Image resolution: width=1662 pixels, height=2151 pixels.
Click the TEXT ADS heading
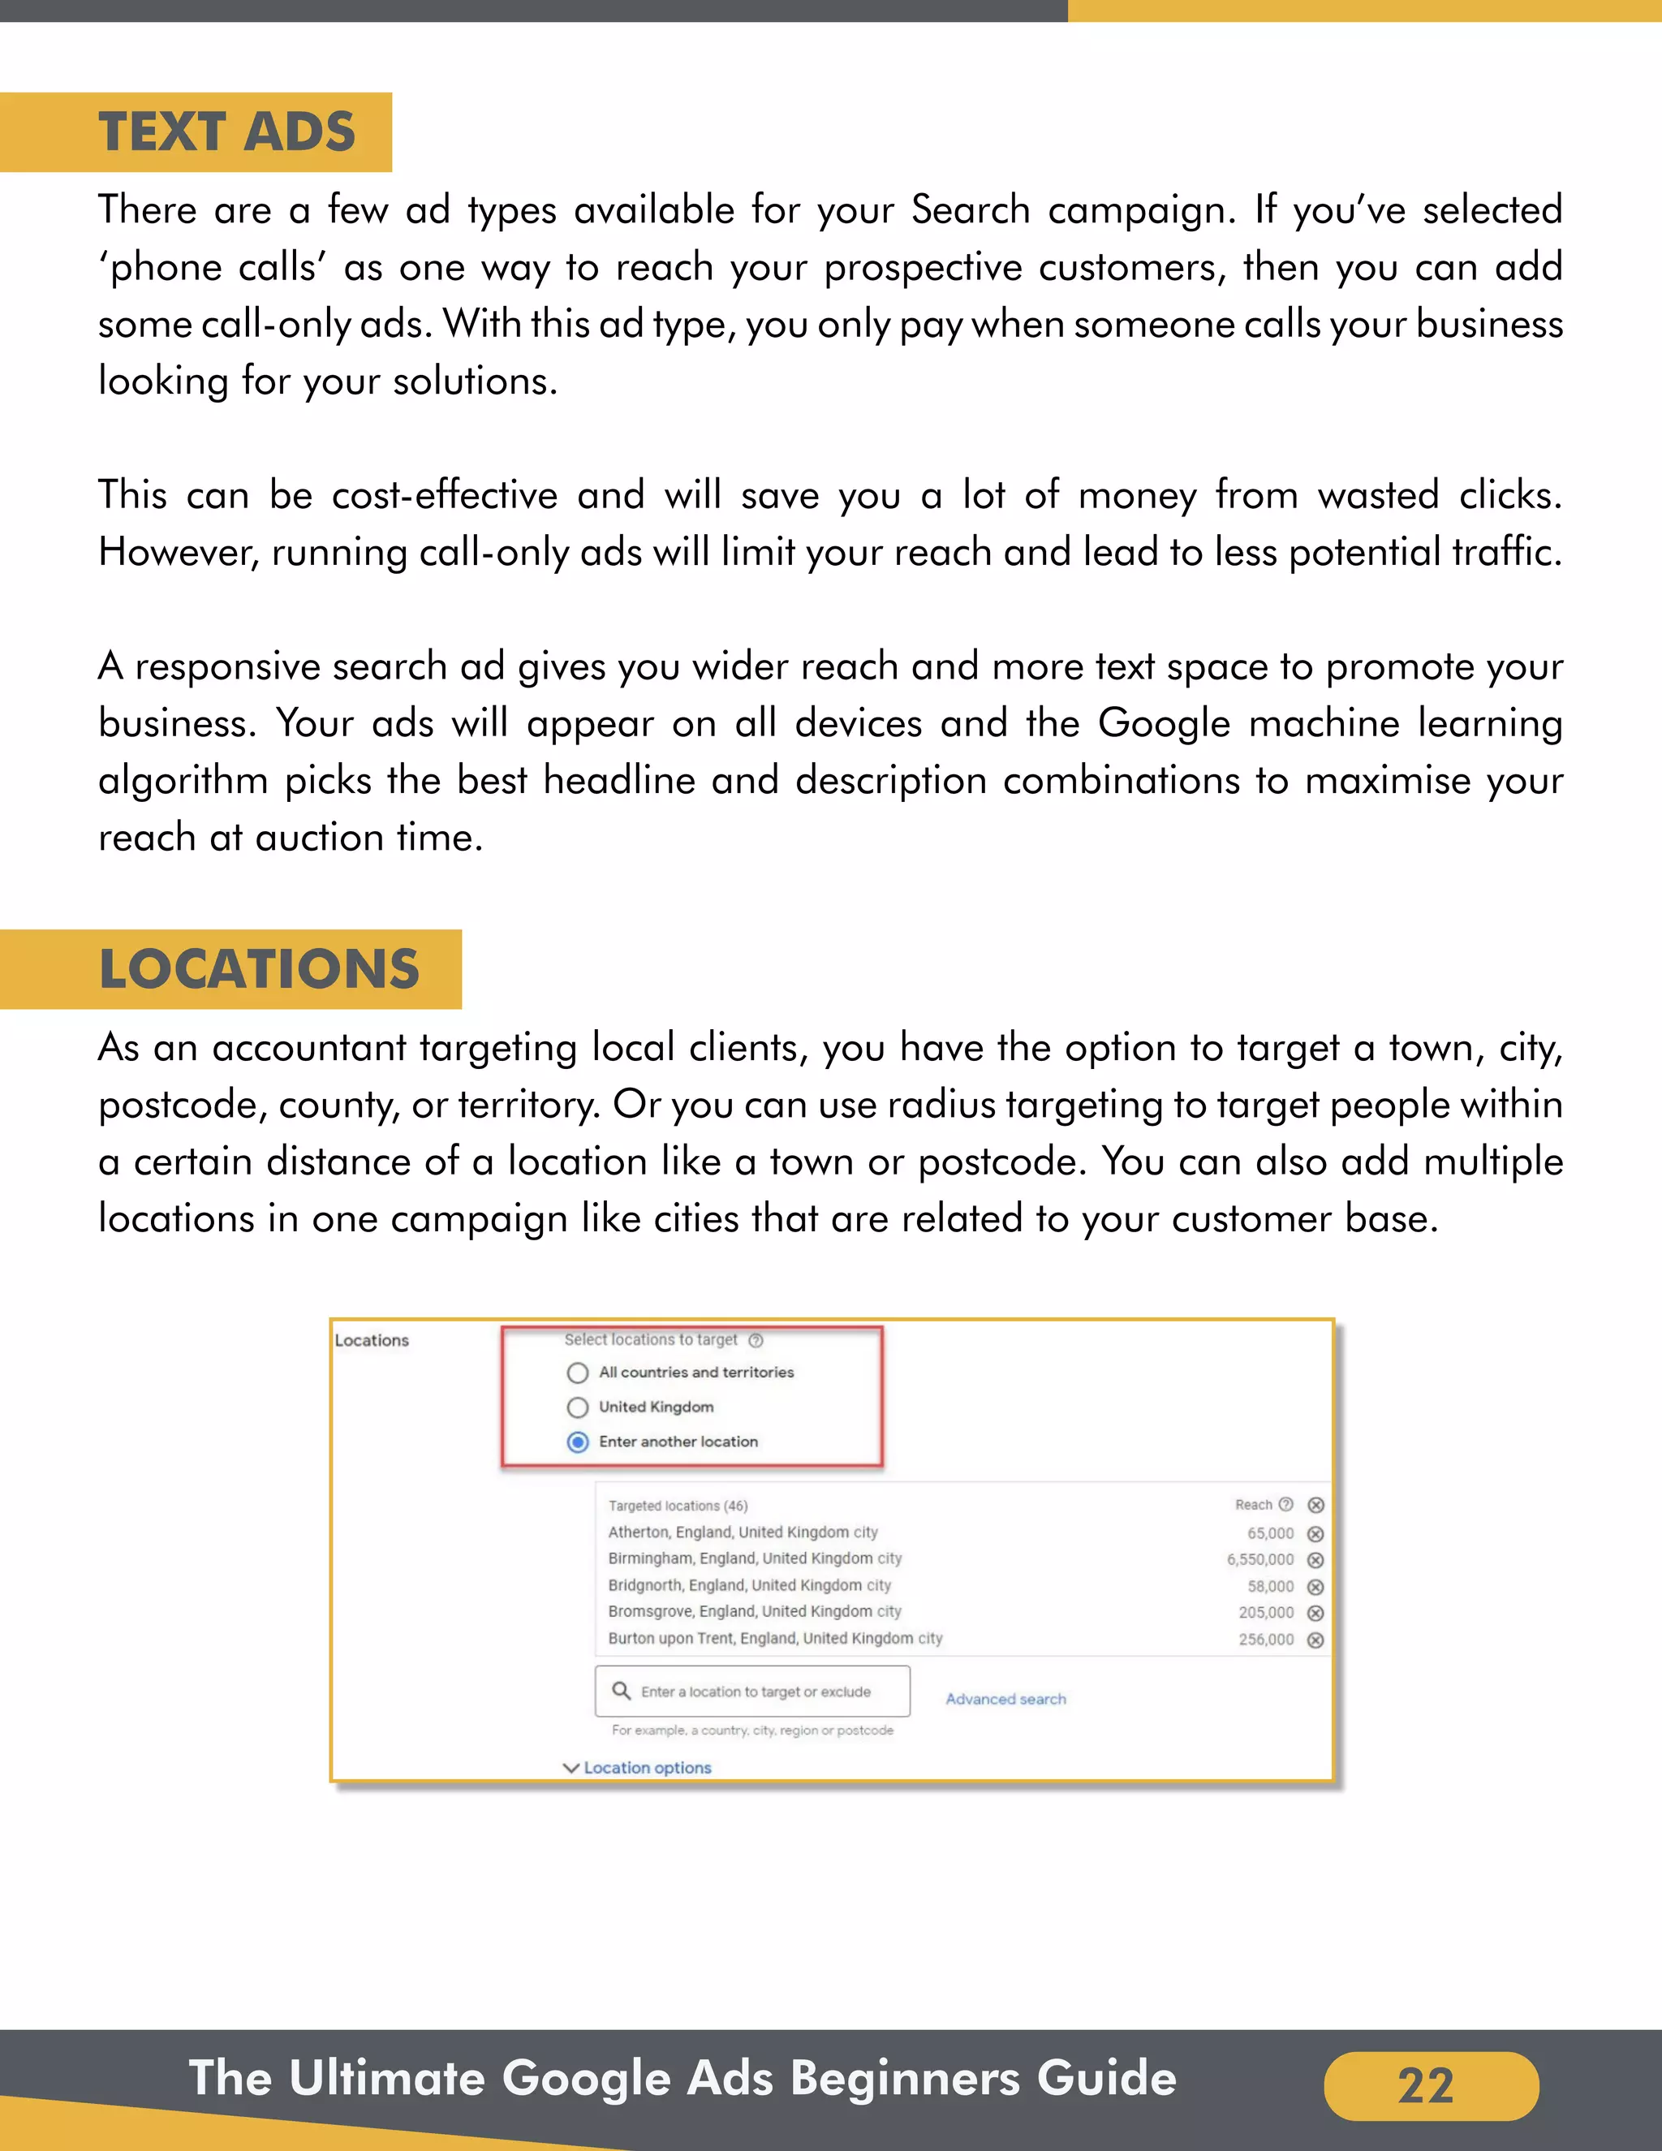tap(226, 132)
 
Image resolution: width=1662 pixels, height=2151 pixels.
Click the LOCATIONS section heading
tap(259, 969)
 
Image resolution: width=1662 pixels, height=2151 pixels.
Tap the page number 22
tap(1426, 2085)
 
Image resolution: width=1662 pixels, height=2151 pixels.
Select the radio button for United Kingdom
tap(578, 1407)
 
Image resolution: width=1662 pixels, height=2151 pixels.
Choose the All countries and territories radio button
tap(578, 1373)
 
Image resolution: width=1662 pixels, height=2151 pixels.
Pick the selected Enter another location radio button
tap(578, 1442)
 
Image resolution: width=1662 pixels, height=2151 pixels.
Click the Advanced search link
tap(1005, 1699)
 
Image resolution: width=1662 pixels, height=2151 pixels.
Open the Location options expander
tap(637, 1768)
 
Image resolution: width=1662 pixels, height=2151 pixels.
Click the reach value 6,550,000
tap(1259, 1560)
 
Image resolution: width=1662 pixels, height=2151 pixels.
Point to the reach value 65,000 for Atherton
tap(1270, 1533)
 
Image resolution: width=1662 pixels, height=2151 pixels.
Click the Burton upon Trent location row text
tap(775, 1639)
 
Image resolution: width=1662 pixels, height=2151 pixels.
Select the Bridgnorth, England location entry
tap(748, 1586)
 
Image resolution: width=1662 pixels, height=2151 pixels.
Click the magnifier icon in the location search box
tap(622, 1691)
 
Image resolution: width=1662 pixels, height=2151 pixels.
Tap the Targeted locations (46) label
tap(678, 1506)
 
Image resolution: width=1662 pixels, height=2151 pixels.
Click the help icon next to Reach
tap(1286, 1504)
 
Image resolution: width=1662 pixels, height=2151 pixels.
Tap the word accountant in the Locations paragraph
tap(308, 1048)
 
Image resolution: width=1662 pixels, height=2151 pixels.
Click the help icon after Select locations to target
tap(756, 1340)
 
